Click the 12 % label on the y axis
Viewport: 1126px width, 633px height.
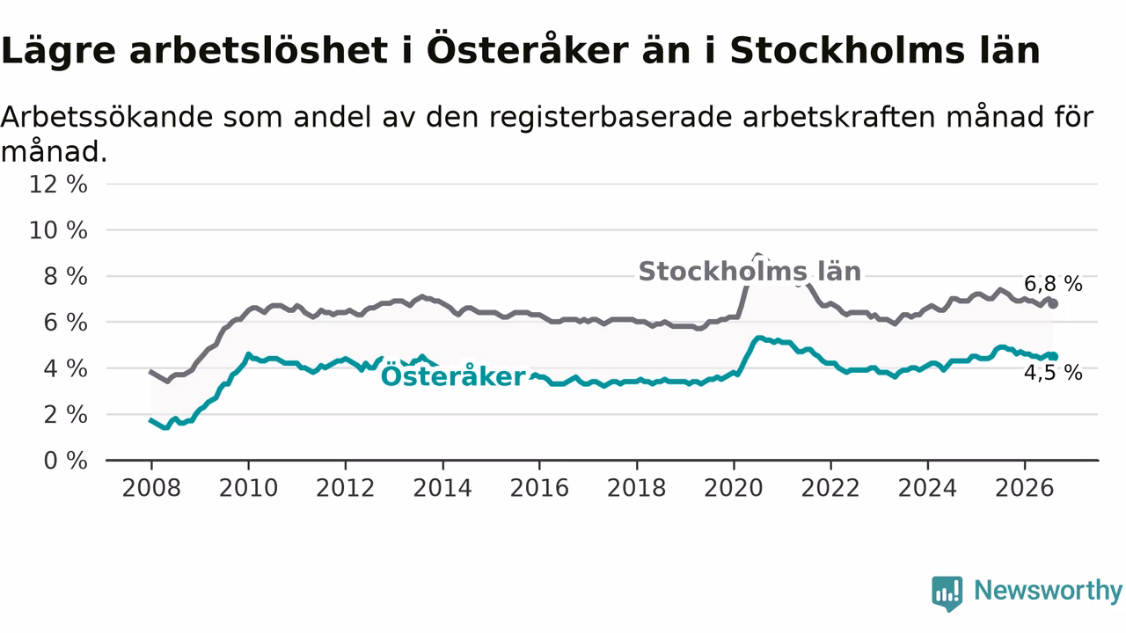tap(58, 185)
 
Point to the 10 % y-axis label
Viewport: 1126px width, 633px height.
tap(58, 230)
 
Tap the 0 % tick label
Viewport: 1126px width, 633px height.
tap(66, 461)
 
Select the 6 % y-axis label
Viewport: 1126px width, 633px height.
tap(66, 323)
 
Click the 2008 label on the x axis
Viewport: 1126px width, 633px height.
tap(151, 488)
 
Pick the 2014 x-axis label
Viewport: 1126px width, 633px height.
tap(442, 488)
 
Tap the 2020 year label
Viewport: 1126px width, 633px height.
tap(734, 488)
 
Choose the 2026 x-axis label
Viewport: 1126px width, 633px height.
tap(1025, 488)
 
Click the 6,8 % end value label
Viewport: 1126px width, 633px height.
tap(1054, 284)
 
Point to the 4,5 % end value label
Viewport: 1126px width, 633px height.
tap(1054, 373)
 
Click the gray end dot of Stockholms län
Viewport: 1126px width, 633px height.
tap(1053, 304)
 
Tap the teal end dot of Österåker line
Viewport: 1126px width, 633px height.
tap(1053, 357)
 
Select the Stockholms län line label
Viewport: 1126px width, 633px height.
tap(750, 272)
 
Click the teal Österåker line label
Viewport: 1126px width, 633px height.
tap(453, 375)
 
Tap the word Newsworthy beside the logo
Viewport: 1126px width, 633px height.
tap(1048, 591)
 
